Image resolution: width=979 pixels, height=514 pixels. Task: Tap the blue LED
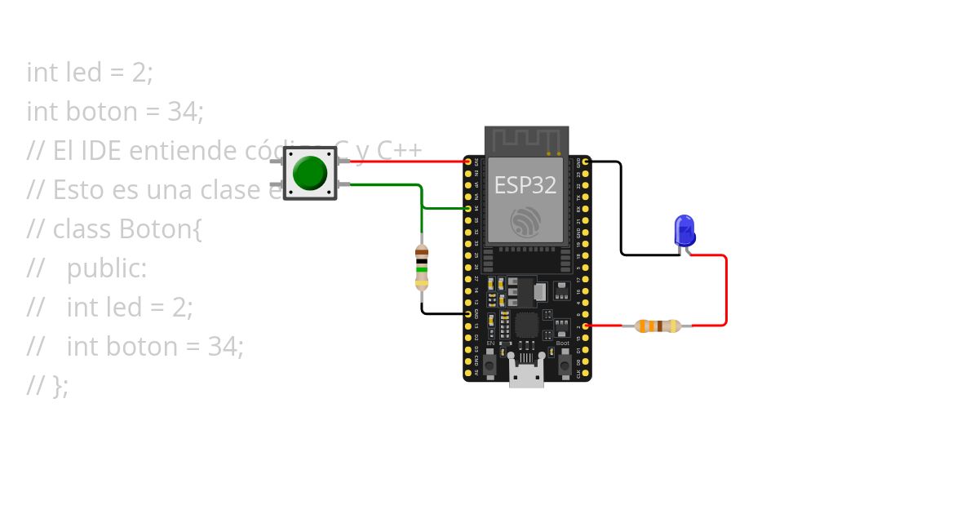(684, 230)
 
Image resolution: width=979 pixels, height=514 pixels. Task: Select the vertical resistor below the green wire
(422, 267)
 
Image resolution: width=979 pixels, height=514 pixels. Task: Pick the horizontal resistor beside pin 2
(658, 326)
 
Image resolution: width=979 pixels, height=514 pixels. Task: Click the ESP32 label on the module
(525, 185)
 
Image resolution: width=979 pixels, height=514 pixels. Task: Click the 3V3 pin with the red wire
(468, 162)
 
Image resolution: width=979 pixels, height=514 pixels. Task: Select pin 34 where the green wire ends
(468, 208)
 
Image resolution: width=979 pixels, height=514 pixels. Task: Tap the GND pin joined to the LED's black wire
(585, 162)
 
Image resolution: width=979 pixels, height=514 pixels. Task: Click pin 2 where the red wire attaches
(585, 326)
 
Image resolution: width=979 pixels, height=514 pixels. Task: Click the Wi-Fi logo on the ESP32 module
(526, 222)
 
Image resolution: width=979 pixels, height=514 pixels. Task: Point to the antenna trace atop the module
(526, 140)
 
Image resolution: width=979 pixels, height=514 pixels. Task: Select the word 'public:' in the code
(107, 268)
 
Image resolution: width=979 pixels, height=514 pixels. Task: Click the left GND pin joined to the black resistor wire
(468, 313)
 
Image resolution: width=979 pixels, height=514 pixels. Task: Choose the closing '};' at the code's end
(60, 385)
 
